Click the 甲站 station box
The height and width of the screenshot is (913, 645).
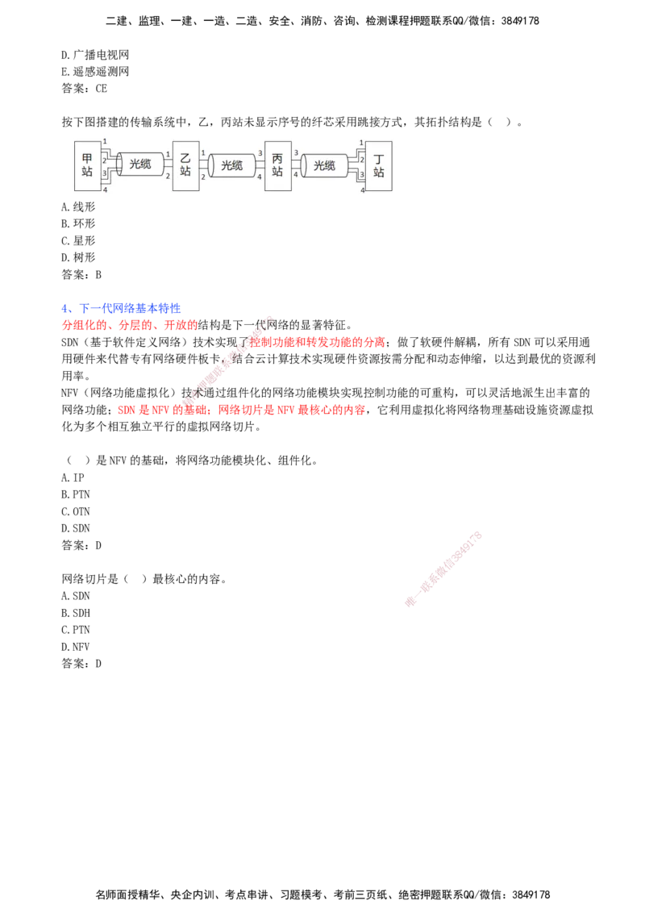pyautogui.click(x=87, y=165)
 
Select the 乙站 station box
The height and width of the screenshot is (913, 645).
pyautogui.click(x=185, y=165)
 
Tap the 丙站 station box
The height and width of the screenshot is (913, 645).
pyautogui.click(x=277, y=165)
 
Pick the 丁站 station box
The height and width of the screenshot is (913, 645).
pyautogui.click(x=379, y=166)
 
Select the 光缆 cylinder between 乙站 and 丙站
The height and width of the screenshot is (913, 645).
pyautogui.click(x=231, y=165)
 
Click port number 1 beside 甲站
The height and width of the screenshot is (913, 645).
pyautogui.click(x=105, y=142)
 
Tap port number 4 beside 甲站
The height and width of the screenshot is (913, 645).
pyautogui.click(x=105, y=190)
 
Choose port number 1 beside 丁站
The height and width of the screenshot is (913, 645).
pyautogui.click(x=362, y=142)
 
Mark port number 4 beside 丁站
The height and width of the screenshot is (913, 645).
pyautogui.click(x=362, y=190)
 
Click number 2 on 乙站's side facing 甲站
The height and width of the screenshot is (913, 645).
pyautogui.click(x=168, y=175)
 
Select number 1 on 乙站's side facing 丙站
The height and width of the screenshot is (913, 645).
pyautogui.click(x=203, y=153)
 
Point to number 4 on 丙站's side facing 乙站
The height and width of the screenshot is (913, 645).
pyautogui.click(x=260, y=176)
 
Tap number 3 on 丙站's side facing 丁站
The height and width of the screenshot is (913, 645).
pyautogui.click(x=296, y=153)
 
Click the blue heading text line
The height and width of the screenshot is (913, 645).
pyautogui.click(x=120, y=309)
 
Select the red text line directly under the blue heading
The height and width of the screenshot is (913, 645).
pyautogui.click(x=128, y=326)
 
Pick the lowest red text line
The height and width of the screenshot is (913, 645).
pyautogui.click(x=242, y=411)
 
